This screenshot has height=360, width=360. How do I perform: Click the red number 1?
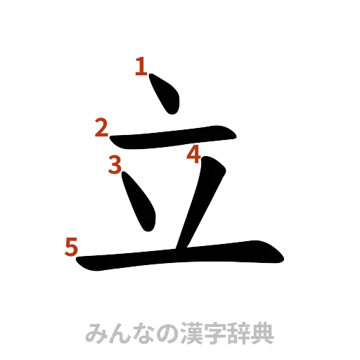pyautogui.click(x=141, y=67)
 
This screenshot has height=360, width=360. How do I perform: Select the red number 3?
pyautogui.click(x=115, y=164)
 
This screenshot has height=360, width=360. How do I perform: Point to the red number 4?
pyautogui.click(x=195, y=154)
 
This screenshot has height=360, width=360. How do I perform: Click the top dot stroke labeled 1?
pyautogui.click(x=166, y=94)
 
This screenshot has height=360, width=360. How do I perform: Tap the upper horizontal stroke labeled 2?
pyautogui.click(x=172, y=138)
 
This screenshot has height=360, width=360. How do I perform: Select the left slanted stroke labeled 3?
pyautogui.click(x=140, y=202)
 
